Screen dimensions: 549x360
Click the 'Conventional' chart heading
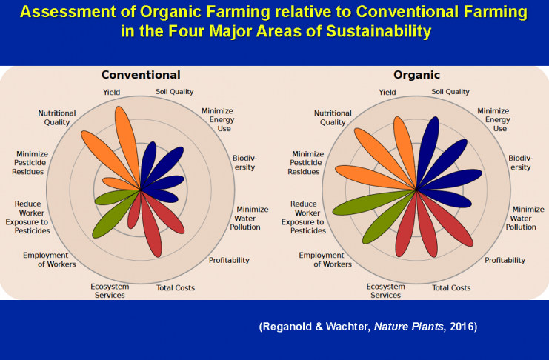pos(141,75)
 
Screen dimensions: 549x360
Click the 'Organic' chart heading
pos(416,75)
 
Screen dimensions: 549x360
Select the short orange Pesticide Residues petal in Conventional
pos(120,184)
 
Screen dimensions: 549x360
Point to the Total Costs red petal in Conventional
pos(152,224)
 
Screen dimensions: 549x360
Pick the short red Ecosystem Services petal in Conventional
pos(134,210)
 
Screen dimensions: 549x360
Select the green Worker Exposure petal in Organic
pos(373,202)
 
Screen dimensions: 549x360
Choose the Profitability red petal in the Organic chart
pos(445,218)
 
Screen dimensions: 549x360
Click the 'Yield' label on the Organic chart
pos(387,92)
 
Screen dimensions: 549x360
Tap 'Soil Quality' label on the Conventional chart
pos(174,92)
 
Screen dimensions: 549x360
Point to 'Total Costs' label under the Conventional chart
pos(176,288)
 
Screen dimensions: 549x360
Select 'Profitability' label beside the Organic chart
pos(505,260)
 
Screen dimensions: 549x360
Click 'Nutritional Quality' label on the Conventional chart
pos(57,118)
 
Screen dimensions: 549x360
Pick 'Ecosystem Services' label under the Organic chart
pos(385,290)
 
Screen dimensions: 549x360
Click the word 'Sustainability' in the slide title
pos(379,31)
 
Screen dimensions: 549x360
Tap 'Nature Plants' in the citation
pos(408,327)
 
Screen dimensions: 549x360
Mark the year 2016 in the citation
pos(462,327)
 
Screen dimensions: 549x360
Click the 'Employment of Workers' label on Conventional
pos(50,259)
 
